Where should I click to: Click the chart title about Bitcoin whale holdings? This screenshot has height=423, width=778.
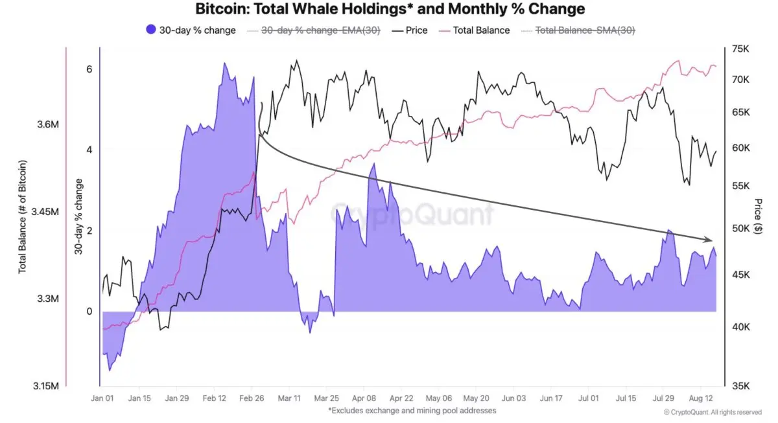pyautogui.click(x=389, y=9)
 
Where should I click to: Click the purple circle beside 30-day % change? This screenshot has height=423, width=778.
pyautogui.click(x=150, y=30)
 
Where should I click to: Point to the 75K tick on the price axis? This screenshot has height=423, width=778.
pyautogui.click(x=740, y=49)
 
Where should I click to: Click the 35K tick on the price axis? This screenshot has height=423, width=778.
pyautogui.click(x=740, y=386)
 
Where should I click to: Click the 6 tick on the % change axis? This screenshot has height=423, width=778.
pyautogui.click(x=89, y=69)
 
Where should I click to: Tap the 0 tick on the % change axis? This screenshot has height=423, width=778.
pyautogui.click(x=89, y=312)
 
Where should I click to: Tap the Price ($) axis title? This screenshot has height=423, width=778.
pyautogui.click(x=759, y=217)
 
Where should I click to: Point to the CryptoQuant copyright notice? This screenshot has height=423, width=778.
pyautogui.click(x=713, y=411)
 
